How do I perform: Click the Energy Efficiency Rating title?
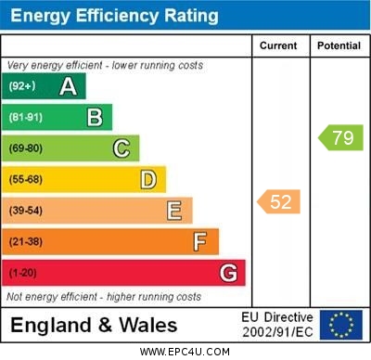[x=114, y=16]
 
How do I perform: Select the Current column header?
[x=278, y=45]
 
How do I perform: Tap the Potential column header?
[x=339, y=45]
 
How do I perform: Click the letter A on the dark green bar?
[x=68, y=86]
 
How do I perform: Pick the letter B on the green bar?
[x=95, y=117]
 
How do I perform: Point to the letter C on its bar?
[x=122, y=148]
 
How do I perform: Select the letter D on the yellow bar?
[x=148, y=179]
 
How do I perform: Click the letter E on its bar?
[x=174, y=211]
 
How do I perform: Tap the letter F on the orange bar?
[x=200, y=241]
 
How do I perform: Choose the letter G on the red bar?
[x=228, y=273]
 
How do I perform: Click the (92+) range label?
[x=22, y=86]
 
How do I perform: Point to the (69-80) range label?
[x=26, y=148]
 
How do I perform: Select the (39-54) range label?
[x=26, y=211]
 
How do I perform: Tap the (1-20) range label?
[x=23, y=273]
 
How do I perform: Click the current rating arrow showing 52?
[x=279, y=201]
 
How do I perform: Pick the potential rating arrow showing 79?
[x=340, y=138]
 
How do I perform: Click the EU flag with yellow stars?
[x=341, y=325]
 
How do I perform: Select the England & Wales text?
[x=94, y=326]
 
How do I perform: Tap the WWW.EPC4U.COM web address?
[x=185, y=353]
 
